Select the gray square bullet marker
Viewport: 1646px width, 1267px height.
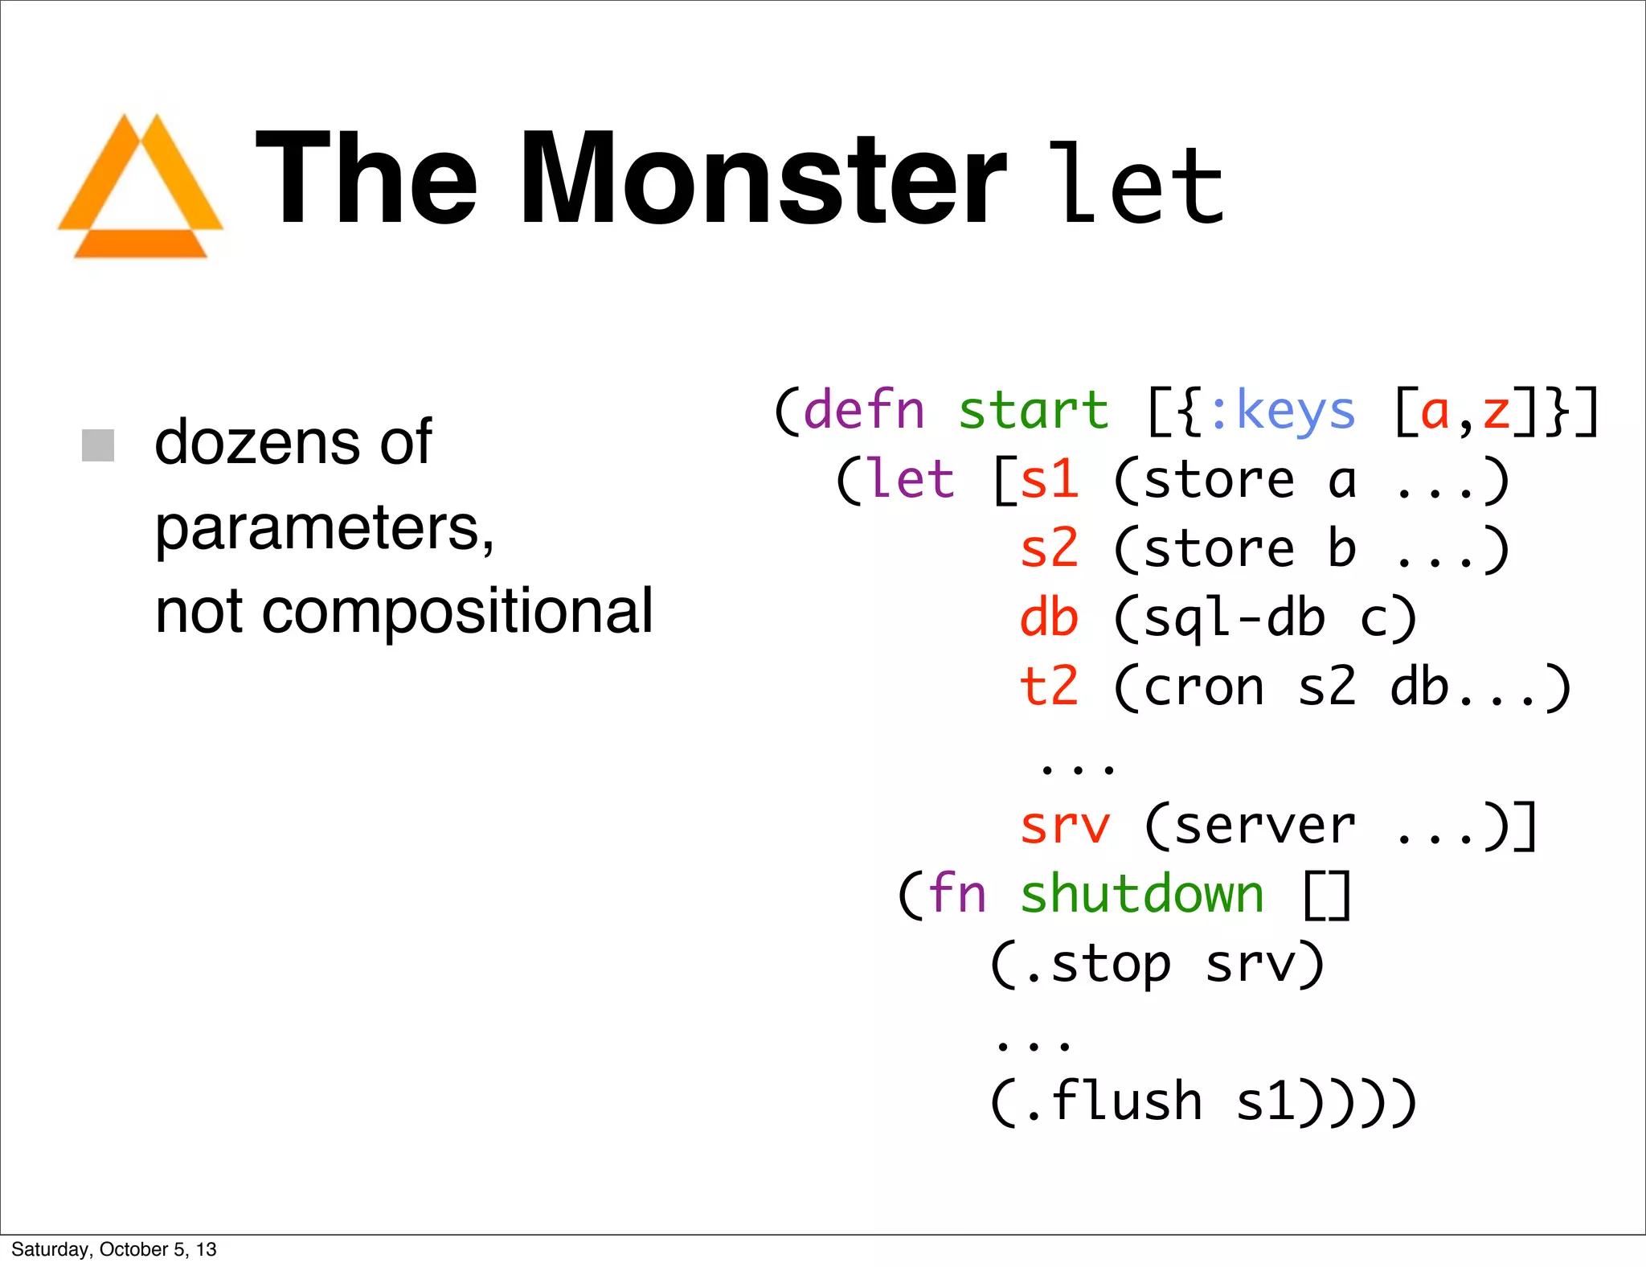pyautogui.click(x=98, y=445)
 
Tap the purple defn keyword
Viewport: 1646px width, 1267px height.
pyautogui.click(x=863, y=411)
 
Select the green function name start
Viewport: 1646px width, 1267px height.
pyautogui.click(x=1033, y=411)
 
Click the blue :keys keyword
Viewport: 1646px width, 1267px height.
pyautogui.click(x=1281, y=411)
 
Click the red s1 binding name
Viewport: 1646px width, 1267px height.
pyautogui.click(x=1048, y=480)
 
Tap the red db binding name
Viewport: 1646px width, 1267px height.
pyautogui.click(x=1048, y=618)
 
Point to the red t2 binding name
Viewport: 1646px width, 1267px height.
pyautogui.click(x=1048, y=687)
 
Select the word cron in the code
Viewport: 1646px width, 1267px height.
pyautogui.click(x=1203, y=688)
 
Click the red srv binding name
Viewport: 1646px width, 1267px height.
pyautogui.click(x=1064, y=826)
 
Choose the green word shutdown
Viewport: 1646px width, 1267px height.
pyautogui.click(x=1141, y=894)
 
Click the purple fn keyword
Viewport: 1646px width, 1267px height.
pyautogui.click(x=956, y=894)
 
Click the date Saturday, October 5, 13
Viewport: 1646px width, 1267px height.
pyautogui.click(x=114, y=1249)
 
